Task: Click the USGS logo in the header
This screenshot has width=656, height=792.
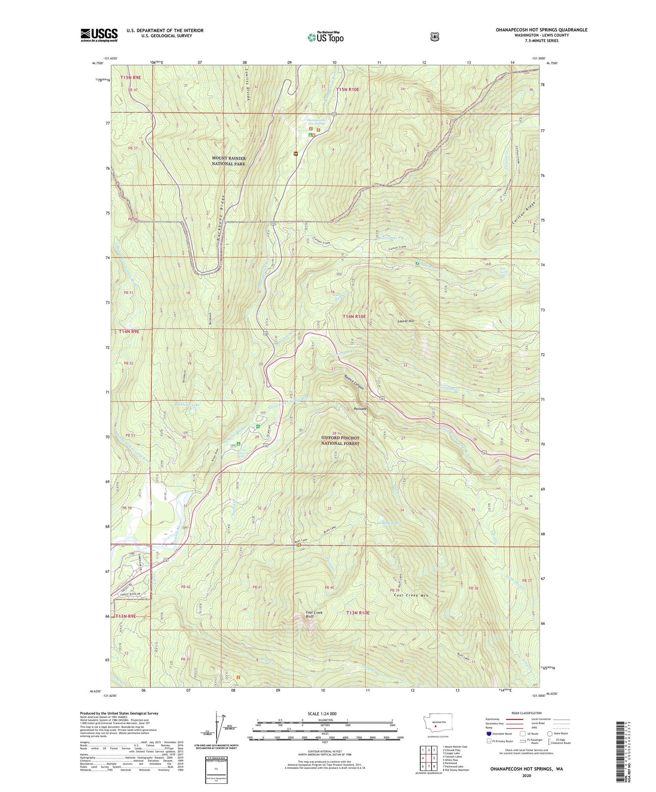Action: tap(99, 35)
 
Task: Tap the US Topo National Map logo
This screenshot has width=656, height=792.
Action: tap(325, 37)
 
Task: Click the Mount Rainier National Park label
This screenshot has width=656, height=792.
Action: tap(229, 161)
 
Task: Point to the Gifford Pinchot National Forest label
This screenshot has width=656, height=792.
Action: tap(340, 440)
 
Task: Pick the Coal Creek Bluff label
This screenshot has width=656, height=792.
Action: tap(314, 615)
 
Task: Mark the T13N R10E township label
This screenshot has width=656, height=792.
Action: tap(359, 613)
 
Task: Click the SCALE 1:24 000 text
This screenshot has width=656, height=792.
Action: tap(322, 714)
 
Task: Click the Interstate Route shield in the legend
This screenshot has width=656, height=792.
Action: tap(489, 746)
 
